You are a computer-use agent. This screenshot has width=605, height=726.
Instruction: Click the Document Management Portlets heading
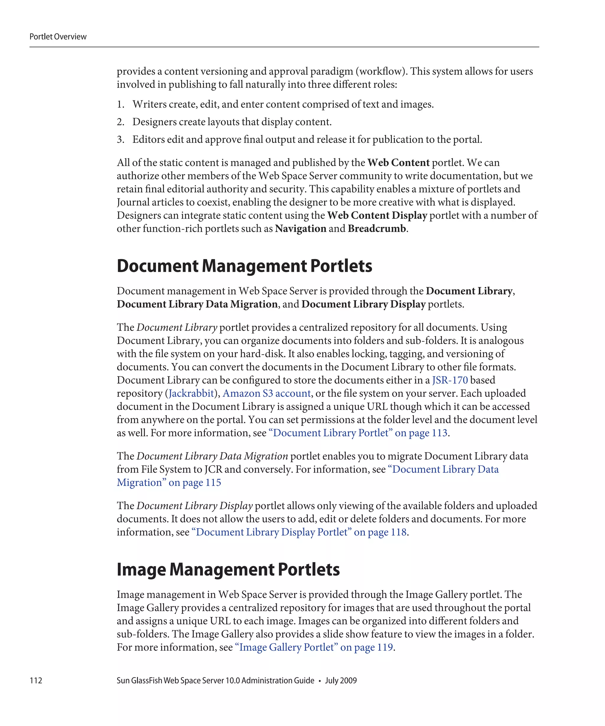pos(244,266)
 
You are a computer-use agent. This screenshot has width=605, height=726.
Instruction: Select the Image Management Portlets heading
pos(228,569)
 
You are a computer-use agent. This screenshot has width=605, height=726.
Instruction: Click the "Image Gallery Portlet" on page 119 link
pos(314,647)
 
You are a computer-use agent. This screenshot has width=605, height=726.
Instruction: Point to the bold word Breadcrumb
pos(376,229)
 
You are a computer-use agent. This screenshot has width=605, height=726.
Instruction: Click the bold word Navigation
pos(300,229)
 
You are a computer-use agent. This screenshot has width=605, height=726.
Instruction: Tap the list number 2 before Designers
pos(120,122)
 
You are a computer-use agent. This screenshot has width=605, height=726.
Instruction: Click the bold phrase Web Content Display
pos(377,215)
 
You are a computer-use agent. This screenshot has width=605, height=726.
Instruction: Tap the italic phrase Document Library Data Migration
pos(212,456)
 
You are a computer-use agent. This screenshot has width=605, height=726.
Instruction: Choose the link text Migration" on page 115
pos(169,483)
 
